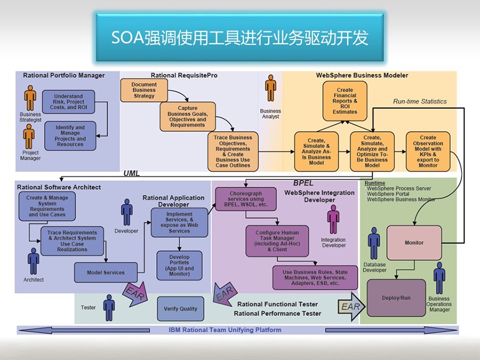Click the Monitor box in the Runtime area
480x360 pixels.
(414, 243)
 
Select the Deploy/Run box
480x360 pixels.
(396, 298)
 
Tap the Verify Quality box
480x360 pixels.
(180, 309)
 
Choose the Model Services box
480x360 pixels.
(106, 272)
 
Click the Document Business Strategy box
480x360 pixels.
(144, 90)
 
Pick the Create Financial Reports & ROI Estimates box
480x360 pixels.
(345, 101)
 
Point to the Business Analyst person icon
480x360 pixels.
(270, 88)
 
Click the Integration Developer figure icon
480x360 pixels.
(333, 220)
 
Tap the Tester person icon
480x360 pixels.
(109, 308)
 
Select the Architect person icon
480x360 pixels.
(34, 261)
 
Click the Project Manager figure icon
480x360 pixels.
(29, 137)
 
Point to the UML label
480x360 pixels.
(132, 173)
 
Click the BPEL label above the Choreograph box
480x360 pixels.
(303, 183)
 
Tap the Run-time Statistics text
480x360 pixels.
(420, 101)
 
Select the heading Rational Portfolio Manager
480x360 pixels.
(63, 75)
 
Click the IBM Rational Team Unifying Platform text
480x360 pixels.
(225, 330)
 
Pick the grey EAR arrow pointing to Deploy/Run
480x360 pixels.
(352, 307)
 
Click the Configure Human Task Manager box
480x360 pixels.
(277, 241)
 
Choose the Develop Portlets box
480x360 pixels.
(179, 266)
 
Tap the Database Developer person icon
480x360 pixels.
(374, 243)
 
